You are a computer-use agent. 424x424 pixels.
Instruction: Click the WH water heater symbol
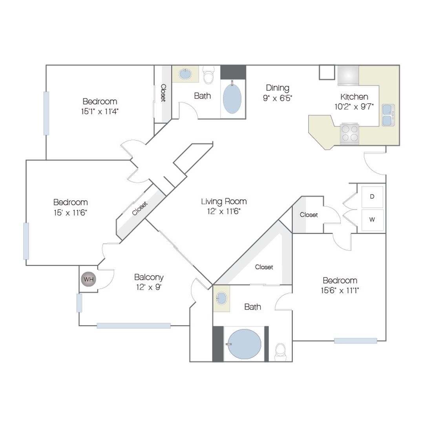point(88,279)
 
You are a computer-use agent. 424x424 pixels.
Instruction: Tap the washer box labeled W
point(372,220)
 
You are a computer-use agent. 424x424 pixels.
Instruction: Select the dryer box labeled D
point(372,197)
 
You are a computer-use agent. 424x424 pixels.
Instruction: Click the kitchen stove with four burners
point(350,133)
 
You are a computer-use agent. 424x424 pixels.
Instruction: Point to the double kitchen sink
point(389,115)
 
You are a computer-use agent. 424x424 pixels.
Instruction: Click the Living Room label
point(224,201)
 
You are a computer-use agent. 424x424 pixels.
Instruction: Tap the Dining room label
point(278,88)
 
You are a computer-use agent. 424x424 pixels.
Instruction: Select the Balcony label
point(149,278)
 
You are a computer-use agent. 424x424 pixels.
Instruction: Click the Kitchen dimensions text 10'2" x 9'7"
point(354,107)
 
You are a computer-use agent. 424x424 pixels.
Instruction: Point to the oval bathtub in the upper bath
point(232,99)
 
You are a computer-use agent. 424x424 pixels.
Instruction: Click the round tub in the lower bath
point(245,344)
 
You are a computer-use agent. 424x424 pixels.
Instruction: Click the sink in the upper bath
point(185,74)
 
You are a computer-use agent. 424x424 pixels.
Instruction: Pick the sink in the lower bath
point(222,298)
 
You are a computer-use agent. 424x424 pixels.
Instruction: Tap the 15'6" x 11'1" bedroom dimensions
point(340,291)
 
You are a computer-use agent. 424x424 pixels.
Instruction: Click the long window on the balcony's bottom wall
point(134,325)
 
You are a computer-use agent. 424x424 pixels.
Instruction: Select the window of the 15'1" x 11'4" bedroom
point(46,113)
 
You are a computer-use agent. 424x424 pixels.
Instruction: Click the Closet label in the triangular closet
point(264,267)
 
